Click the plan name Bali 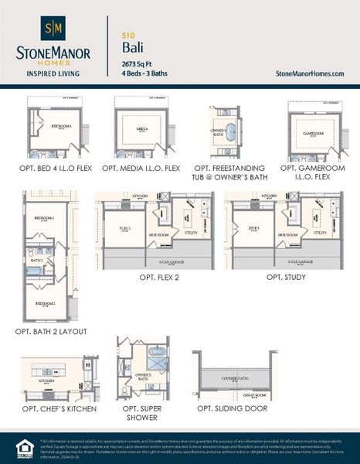133,49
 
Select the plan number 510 127,35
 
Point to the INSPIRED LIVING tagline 53,74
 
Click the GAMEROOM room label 313,132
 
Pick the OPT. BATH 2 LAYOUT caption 51,331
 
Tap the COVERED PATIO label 235,379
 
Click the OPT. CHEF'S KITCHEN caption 54,408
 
